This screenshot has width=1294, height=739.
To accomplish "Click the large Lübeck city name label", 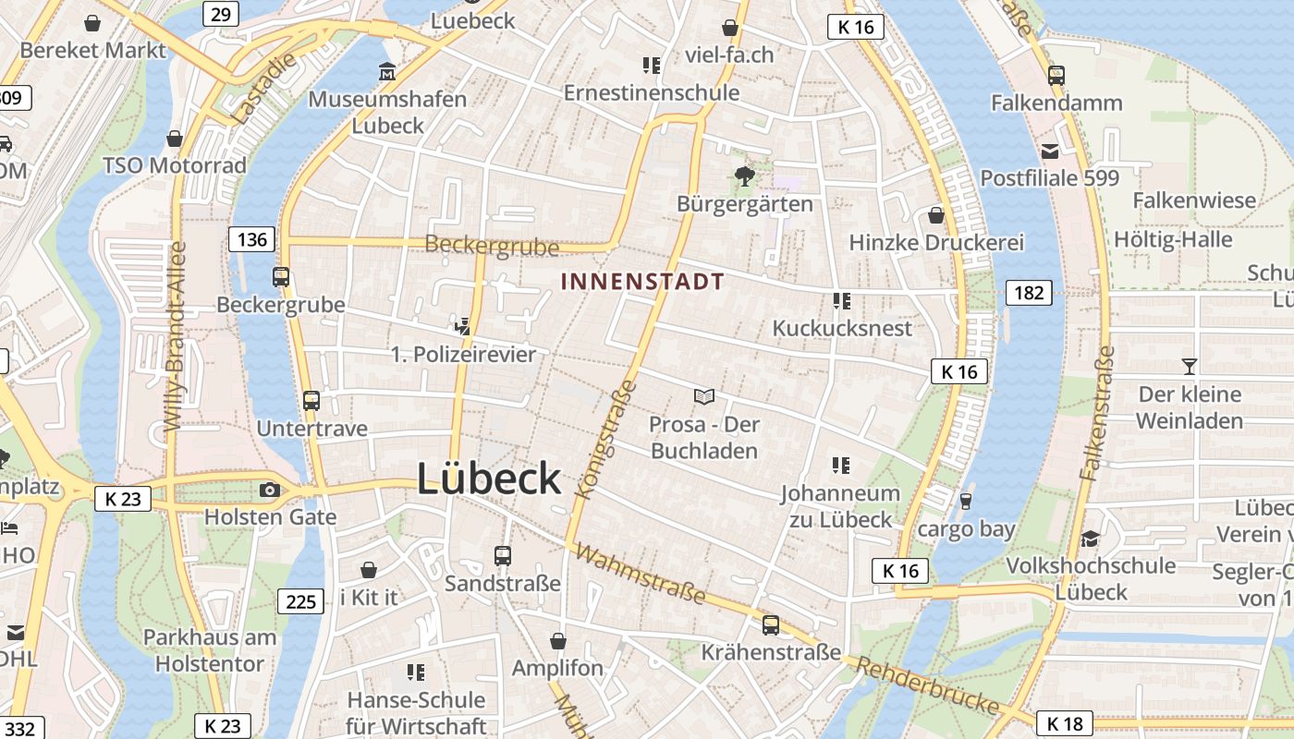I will coord(488,479).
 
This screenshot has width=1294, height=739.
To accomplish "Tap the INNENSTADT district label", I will coord(642,281).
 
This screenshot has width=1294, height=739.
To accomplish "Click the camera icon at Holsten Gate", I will coord(270,490).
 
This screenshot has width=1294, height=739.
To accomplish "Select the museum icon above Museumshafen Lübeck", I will coord(387,71).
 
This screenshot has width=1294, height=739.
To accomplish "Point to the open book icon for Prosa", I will coord(704,396).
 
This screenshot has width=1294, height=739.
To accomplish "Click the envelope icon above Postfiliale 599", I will coord(1050,151).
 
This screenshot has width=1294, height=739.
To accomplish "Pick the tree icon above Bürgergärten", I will coord(744,175).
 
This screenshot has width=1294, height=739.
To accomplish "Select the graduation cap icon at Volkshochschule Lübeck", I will coord(1091,538).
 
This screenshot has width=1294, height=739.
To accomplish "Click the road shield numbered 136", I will coord(250,240).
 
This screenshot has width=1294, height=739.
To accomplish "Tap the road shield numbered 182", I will coord(1029,293).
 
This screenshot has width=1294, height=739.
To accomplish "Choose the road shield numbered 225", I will coord(301,602).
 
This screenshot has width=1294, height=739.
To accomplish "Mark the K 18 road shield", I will coord(1064,722).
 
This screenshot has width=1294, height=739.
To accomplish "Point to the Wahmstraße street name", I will coord(641,574).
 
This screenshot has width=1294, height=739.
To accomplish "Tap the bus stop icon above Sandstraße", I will coord(503,555).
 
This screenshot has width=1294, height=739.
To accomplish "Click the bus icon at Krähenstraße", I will coord(771,624).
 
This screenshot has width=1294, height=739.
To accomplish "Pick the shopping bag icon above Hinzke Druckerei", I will coord(936,215).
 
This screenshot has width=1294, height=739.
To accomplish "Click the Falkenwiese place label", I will coord(1194,200).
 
